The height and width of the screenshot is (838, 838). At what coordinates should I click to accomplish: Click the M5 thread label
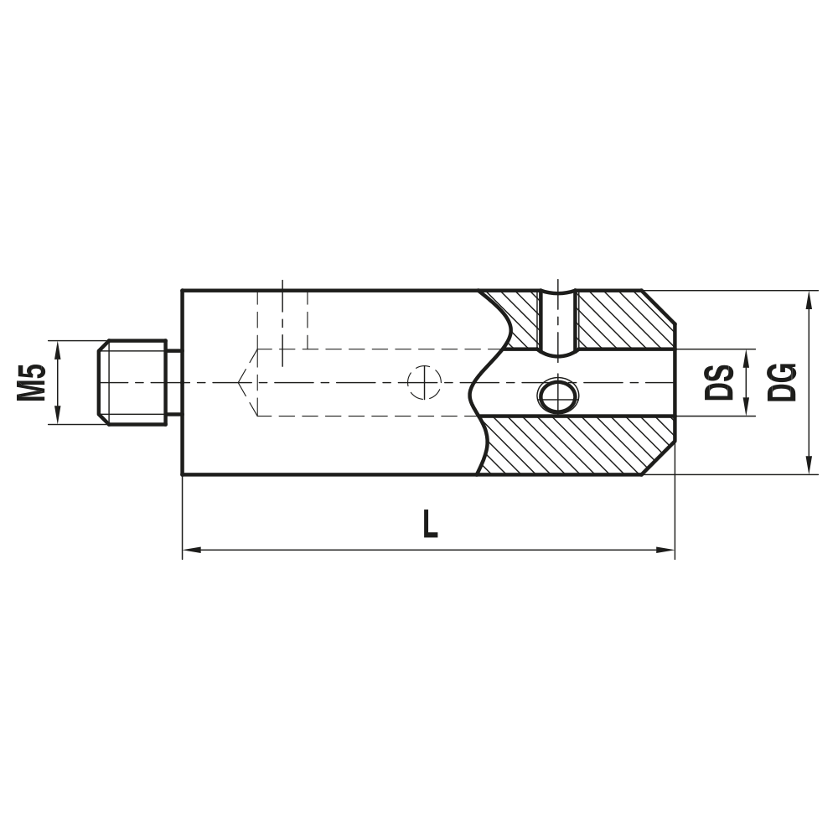tap(31, 382)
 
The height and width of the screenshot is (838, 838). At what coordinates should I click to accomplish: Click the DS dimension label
tap(719, 382)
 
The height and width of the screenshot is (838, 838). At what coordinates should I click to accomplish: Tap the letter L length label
tap(430, 525)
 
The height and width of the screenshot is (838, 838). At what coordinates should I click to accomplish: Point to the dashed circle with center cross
tap(424, 382)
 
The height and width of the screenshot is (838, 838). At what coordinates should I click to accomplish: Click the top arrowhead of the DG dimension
tap(810, 298)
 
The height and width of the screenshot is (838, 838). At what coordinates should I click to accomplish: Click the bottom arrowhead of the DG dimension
tap(810, 467)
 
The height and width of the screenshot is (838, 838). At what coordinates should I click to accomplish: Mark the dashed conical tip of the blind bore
tap(248, 382)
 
